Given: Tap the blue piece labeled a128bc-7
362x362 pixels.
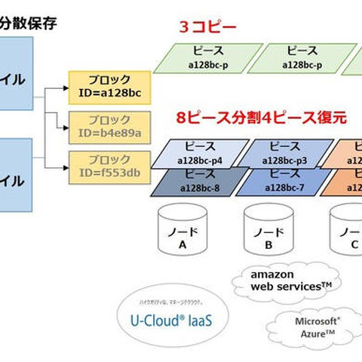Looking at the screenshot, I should tap(284, 180).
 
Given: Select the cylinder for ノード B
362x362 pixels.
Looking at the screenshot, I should tap(268, 229).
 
